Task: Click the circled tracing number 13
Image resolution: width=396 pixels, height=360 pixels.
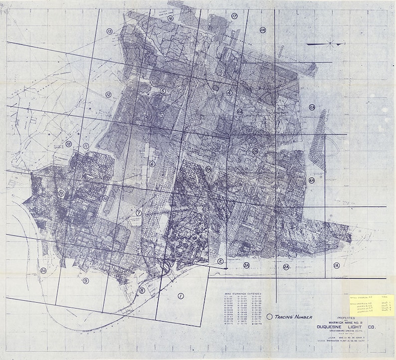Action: tap(109, 31)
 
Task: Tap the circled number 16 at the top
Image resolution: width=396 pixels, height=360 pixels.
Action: tap(171, 18)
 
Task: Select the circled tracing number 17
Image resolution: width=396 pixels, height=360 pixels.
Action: tap(234, 16)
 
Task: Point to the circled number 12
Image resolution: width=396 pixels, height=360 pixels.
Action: tap(108, 94)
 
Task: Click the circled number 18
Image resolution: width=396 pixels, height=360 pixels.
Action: tap(69, 144)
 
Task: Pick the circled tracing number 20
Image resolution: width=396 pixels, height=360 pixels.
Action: tap(43, 271)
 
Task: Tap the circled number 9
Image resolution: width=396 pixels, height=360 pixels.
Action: tap(86, 281)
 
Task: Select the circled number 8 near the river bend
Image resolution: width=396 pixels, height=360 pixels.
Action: tap(142, 291)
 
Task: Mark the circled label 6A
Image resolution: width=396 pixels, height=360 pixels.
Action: tap(312, 180)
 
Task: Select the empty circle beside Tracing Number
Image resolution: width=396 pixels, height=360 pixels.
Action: tap(270, 316)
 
